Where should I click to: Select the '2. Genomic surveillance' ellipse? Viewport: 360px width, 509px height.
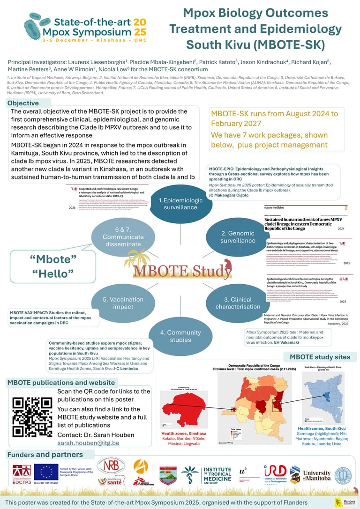point(238,236)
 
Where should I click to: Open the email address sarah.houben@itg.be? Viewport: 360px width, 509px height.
point(88,443)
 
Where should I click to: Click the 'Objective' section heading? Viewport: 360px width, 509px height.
point(23,103)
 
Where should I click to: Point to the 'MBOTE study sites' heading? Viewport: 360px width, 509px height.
point(323,357)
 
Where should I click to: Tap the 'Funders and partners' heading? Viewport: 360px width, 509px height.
point(44,454)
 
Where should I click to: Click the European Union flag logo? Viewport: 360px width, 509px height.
point(46,472)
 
